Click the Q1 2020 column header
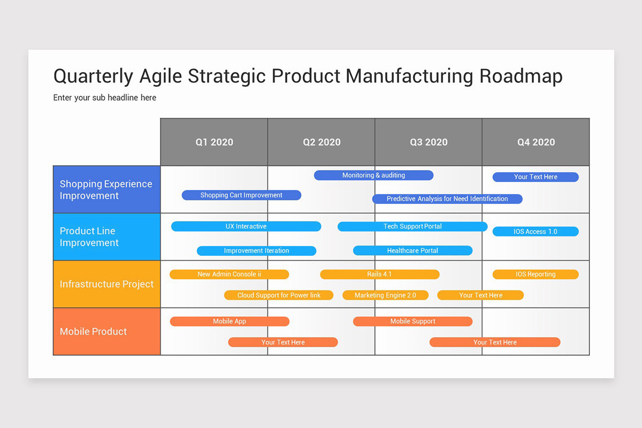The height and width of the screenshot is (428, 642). pos(214,142)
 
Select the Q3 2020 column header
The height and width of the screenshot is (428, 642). pos(429,142)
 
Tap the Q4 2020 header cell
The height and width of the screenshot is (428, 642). pos(536,142)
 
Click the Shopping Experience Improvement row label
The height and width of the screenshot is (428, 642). pos(106,189)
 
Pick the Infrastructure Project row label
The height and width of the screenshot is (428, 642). pos(106,284)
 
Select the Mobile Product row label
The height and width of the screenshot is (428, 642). pos(106,331)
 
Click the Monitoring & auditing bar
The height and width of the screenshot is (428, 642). pos(373,175)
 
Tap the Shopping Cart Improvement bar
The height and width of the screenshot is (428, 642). pos(241,195)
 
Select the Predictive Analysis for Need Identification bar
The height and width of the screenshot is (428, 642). pos(447,199)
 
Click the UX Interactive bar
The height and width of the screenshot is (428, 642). pos(246,226)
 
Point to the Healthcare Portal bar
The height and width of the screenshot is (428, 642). pos(412,250)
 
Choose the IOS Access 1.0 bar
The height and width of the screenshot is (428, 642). pos(536,232)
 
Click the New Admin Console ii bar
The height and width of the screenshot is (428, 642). pos(229,274)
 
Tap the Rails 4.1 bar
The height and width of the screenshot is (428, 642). pos(379,274)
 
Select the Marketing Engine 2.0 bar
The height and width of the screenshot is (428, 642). pos(385,295)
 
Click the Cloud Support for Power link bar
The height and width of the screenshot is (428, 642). pos(279,295)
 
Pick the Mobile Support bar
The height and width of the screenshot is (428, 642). pos(412,322)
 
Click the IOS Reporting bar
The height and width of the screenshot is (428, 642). pos(536,274)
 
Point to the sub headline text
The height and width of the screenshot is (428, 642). pos(105,97)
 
